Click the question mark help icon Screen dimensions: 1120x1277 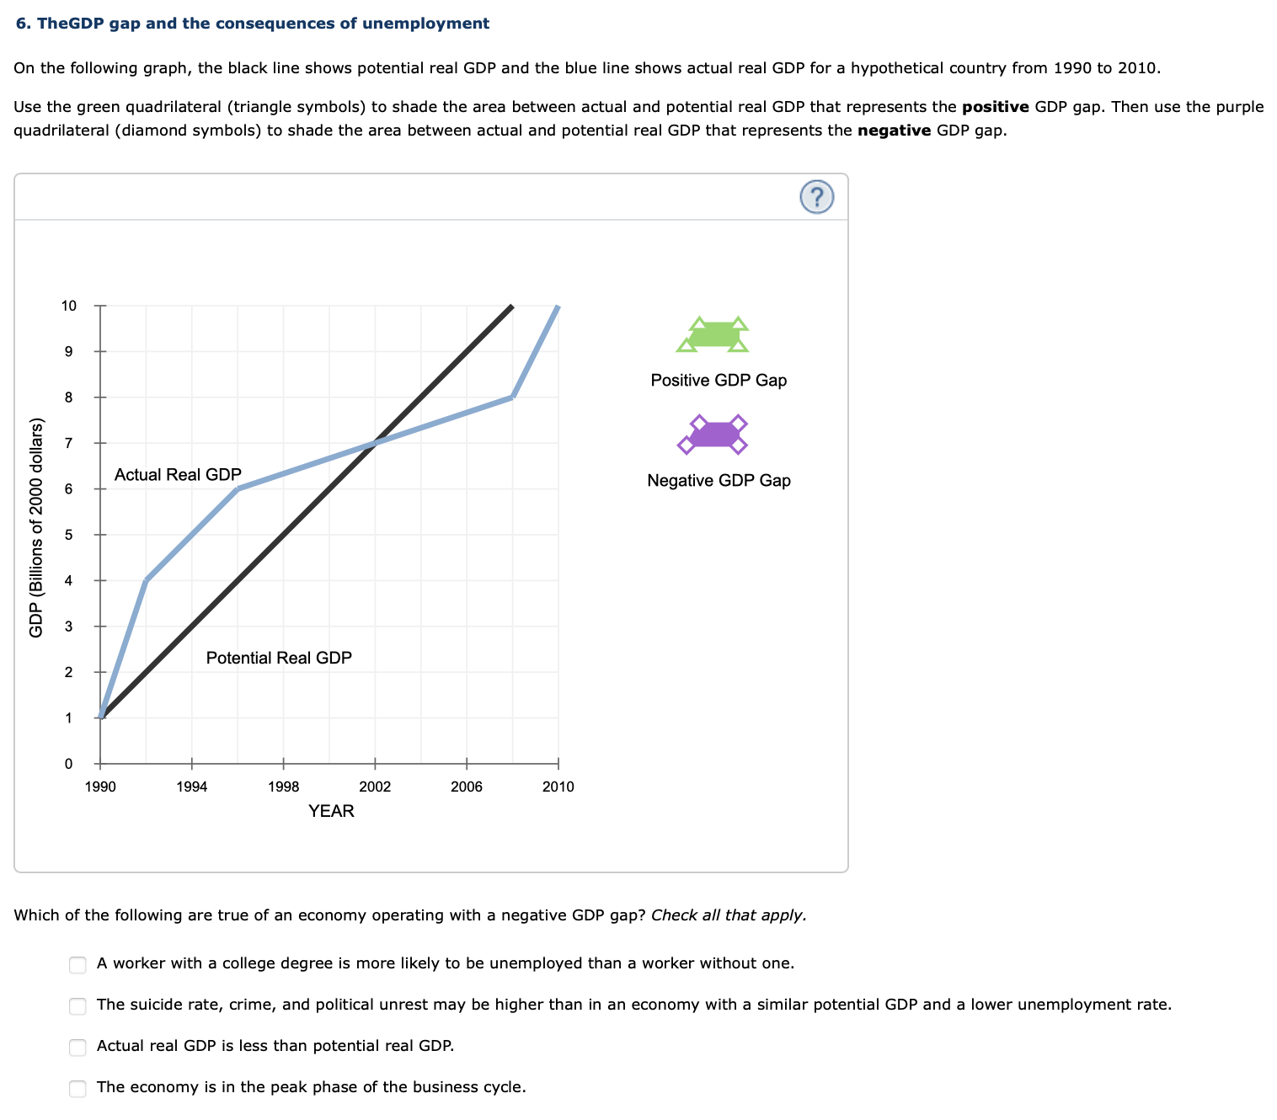pyautogui.click(x=815, y=197)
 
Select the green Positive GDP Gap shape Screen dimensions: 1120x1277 pyautogui.click(x=713, y=335)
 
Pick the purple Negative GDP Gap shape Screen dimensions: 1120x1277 pyautogui.click(x=713, y=435)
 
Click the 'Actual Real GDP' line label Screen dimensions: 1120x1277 pyautogui.click(x=178, y=475)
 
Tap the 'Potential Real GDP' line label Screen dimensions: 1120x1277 pyautogui.click(x=279, y=658)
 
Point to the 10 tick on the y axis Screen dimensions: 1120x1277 pyautogui.click(x=69, y=306)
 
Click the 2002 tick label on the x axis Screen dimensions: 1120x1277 pyautogui.click(x=375, y=787)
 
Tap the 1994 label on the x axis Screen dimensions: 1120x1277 pyautogui.click(x=192, y=787)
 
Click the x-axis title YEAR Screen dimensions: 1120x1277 pyautogui.click(x=331, y=811)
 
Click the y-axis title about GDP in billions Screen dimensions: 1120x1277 pyautogui.click(x=36, y=528)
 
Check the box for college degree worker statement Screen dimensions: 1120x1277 pyautogui.click(x=77, y=964)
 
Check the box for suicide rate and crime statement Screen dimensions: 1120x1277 pyautogui.click(x=77, y=1005)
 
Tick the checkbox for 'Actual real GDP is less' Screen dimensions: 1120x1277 pyautogui.click(x=77, y=1047)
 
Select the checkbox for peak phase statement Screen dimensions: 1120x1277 pyautogui.click(x=77, y=1088)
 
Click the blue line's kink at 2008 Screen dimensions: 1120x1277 pyautogui.click(x=512, y=397)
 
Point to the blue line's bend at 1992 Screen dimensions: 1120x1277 pyautogui.click(x=147, y=580)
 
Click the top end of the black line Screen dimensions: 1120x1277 pyautogui.click(x=511, y=307)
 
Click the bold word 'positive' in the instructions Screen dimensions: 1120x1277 pyautogui.click(x=995, y=107)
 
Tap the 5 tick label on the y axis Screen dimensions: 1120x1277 pyautogui.click(x=69, y=535)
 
